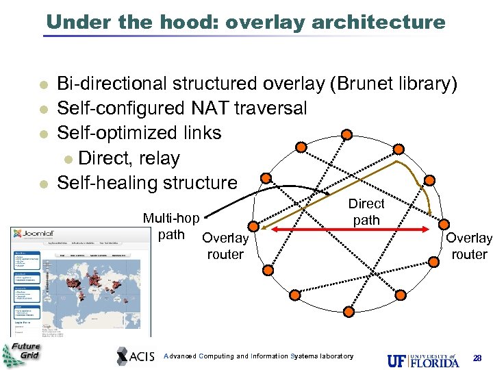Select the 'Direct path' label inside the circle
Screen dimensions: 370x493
(366, 212)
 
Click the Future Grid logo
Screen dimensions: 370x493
(22, 353)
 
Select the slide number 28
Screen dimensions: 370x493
(477, 358)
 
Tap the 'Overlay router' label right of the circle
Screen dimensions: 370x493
(469, 246)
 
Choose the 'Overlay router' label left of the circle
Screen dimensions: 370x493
(225, 246)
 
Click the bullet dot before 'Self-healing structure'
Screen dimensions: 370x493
(42, 184)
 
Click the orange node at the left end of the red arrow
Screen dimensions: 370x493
(253, 226)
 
